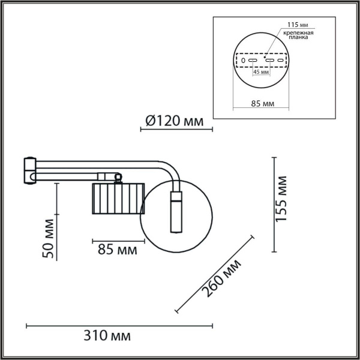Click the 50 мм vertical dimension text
(50, 239)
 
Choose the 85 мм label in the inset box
(260, 104)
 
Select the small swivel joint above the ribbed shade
(115, 176)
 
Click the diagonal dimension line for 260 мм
(213, 274)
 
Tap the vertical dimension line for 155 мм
(275, 204)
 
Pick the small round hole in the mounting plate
(242, 60)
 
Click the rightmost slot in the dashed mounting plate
(280, 60)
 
